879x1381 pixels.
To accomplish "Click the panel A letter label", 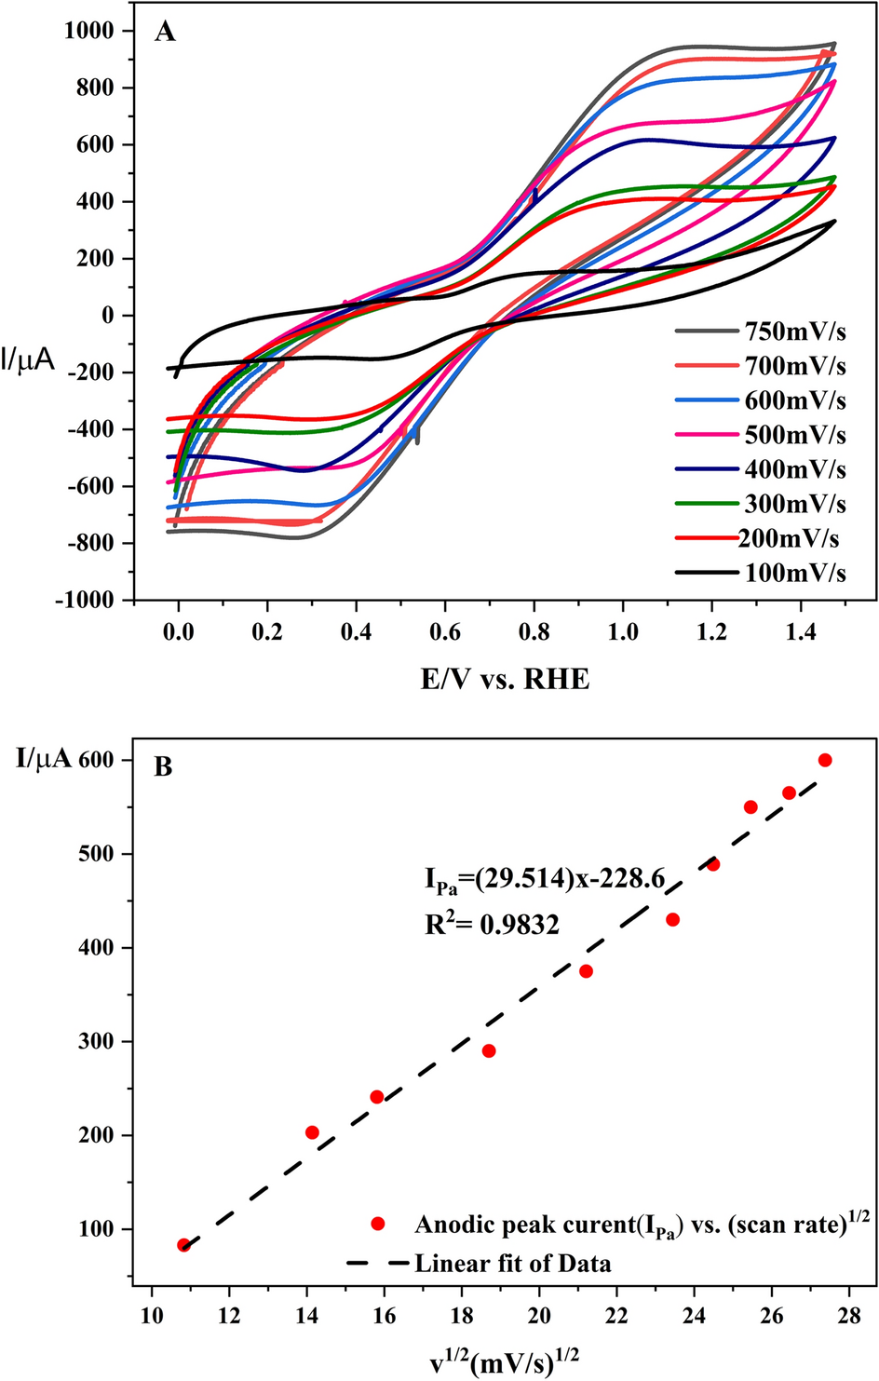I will coord(164,33).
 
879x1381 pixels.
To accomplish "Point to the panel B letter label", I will coord(163,767).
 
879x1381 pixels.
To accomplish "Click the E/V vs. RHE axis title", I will coord(505,679).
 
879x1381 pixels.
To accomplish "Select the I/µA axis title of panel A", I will coord(28,359).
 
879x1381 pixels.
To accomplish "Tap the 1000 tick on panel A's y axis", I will coord(88,31).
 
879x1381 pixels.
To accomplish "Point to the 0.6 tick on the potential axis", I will coord(445,632).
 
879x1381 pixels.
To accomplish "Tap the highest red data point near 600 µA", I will coord(824,760).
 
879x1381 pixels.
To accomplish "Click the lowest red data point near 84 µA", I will coord(183,1245).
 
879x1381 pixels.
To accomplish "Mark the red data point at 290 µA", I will coord(489,1050).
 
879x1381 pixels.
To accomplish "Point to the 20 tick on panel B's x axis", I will coord(539,1316).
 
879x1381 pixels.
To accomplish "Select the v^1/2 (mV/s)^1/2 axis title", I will coord(504,1362).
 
